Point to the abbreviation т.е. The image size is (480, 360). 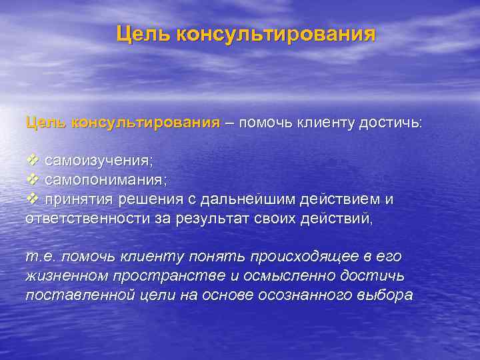click(38, 257)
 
